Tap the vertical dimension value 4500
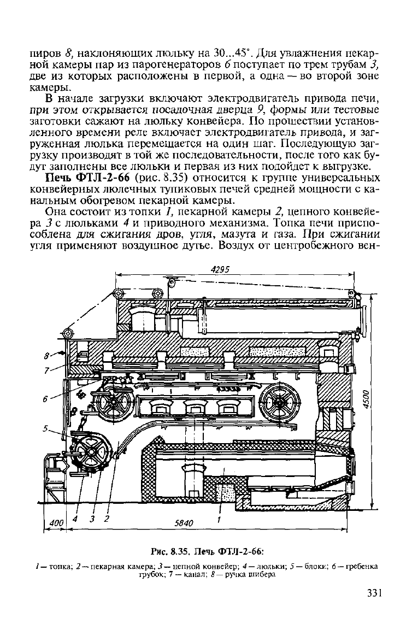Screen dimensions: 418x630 [x=366, y=398]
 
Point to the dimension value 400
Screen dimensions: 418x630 [x=56, y=523]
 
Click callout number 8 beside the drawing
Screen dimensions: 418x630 [x=46, y=355]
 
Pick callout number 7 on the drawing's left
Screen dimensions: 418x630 [x=46, y=370]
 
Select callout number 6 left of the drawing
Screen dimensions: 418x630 [x=46, y=398]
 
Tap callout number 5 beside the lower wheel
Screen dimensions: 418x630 [x=45, y=428]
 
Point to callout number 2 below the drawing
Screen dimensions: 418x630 [x=107, y=519]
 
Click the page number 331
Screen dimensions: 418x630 [x=374, y=593]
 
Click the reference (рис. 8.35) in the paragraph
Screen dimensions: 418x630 [x=150, y=178]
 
